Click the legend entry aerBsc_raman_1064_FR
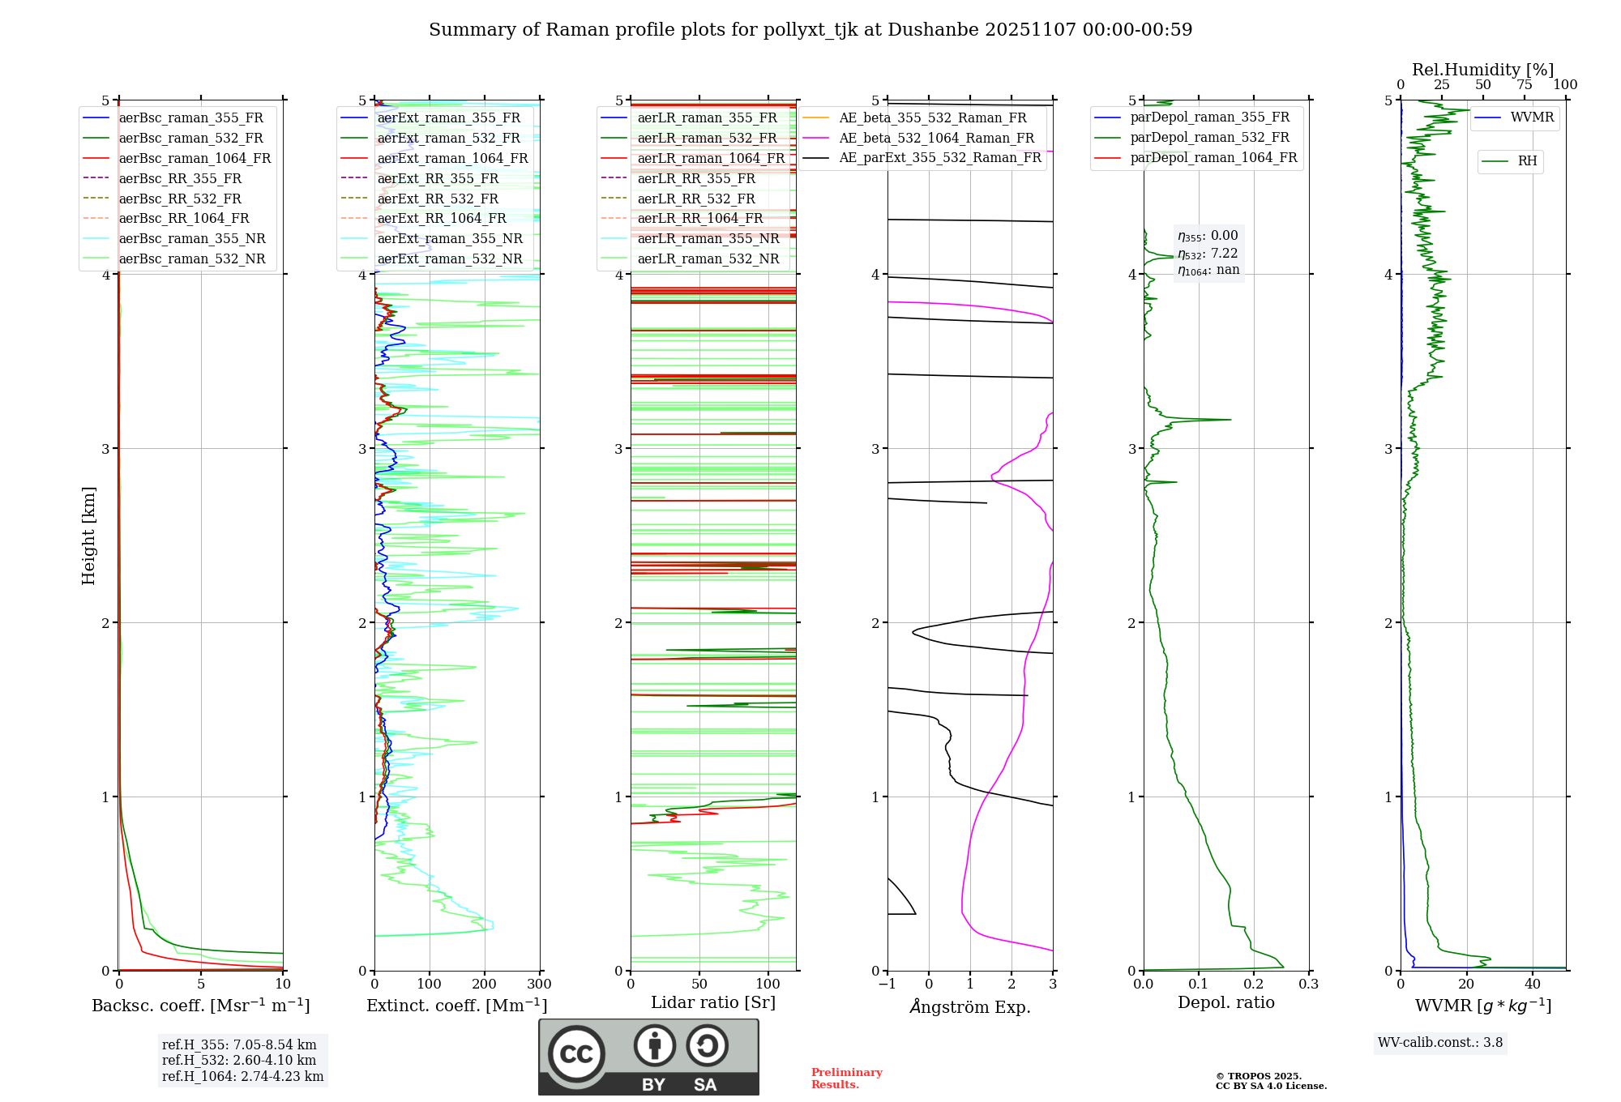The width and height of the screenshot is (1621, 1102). pos(195,159)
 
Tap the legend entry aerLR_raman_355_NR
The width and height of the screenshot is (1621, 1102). pos(708,239)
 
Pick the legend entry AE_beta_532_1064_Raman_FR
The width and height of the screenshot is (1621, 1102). pos(936,139)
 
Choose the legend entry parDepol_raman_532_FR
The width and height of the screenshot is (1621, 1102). pos(1209,138)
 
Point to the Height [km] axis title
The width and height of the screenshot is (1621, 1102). pos(88,536)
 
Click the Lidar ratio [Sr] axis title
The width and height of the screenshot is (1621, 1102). pos(712,1003)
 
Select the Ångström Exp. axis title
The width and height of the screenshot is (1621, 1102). pos(970,1007)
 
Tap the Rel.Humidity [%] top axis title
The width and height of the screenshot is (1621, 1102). pos(1482,70)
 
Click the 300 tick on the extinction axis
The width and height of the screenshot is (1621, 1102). pos(539,985)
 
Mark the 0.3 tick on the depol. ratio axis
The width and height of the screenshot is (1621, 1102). pos(1308,985)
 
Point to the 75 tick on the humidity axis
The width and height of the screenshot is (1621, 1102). pos(1524,85)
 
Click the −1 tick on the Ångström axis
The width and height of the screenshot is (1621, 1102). pos(887,985)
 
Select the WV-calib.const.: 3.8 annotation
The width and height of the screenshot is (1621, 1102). pos(1439,1043)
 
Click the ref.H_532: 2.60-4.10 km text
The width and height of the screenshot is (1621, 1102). pos(238,1061)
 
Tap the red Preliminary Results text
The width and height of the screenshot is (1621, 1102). pos(846,1079)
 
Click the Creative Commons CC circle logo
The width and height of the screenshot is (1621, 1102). pos(576,1054)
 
